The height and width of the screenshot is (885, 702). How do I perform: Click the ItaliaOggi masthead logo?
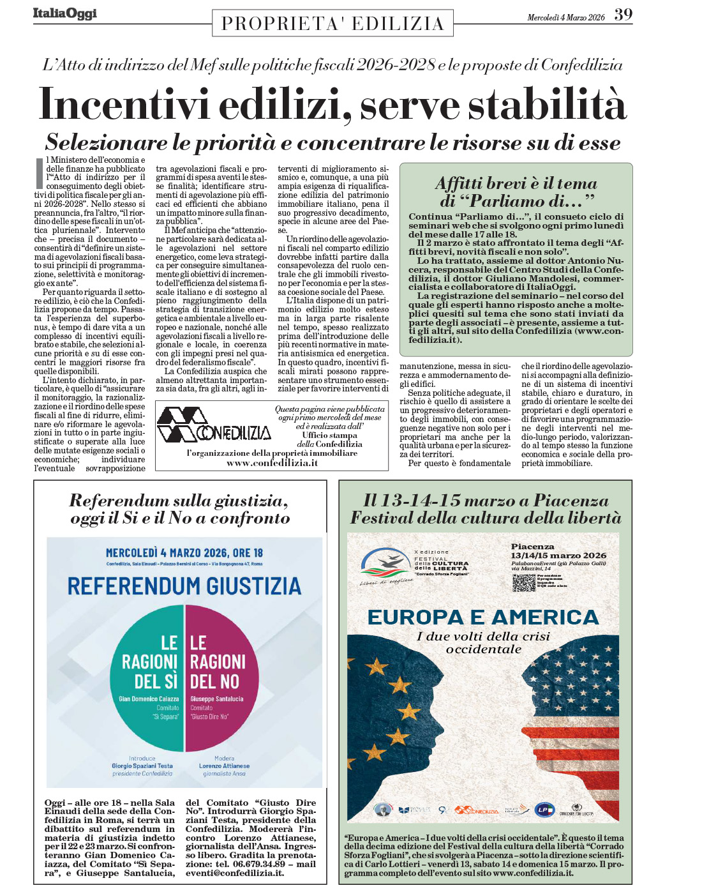[x=65, y=13]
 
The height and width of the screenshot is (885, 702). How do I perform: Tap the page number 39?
[x=624, y=15]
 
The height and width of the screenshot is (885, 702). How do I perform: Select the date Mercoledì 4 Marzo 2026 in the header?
[x=565, y=17]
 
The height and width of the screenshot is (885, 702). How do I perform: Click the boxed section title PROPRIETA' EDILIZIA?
[x=332, y=24]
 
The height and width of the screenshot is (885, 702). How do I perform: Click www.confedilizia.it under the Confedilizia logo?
[x=272, y=463]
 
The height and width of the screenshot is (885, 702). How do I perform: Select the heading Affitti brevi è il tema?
[x=516, y=183]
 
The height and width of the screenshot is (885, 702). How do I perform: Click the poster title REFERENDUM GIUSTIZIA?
[x=184, y=586]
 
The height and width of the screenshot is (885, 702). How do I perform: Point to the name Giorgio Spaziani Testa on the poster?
[x=142, y=766]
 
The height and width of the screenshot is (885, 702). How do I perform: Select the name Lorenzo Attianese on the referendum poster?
[x=224, y=766]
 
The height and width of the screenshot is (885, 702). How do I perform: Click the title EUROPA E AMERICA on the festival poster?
[x=483, y=617]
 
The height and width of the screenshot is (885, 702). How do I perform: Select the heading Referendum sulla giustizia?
[x=179, y=501]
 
